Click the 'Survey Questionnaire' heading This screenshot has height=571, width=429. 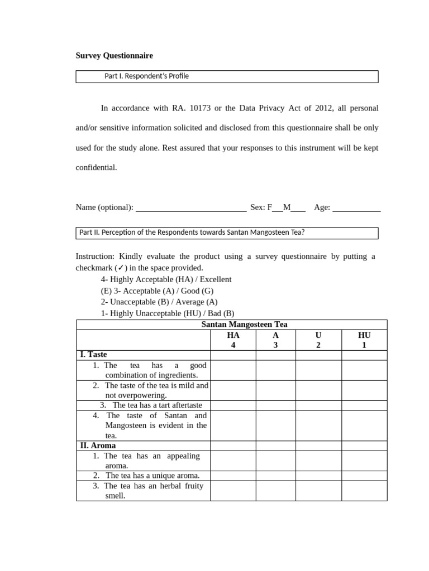[x=114, y=56]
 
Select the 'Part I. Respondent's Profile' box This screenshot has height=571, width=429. [x=227, y=76]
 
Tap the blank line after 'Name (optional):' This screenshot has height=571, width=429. [x=191, y=208]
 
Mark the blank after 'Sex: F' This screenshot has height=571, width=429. [x=278, y=209]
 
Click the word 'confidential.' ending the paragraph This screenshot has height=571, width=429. [x=96, y=167]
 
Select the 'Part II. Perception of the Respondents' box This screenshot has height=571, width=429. [x=227, y=233]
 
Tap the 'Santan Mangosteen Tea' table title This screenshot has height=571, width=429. [x=244, y=325]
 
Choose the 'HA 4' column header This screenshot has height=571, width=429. [x=233, y=340]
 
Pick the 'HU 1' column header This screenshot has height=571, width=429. [x=364, y=340]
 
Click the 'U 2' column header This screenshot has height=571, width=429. [x=318, y=340]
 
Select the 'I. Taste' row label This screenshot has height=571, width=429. [x=93, y=355]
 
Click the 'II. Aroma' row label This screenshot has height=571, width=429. [x=98, y=446]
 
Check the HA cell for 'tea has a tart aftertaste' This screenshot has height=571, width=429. [x=233, y=405]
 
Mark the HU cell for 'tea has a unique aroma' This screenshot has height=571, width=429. [x=364, y=476]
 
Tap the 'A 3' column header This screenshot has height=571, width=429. [x=275, y=340]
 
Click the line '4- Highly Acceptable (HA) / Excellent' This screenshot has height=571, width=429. [x=166, y=279]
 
